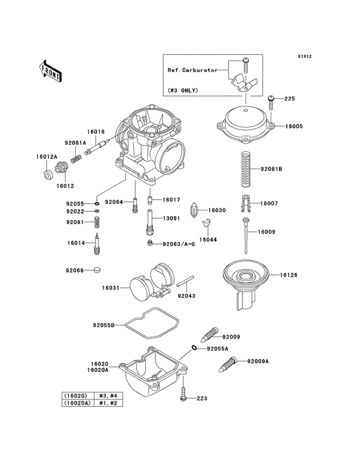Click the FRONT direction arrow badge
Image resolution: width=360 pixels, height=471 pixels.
coord(50,69)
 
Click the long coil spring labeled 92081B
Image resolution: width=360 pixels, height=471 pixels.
coord(246,169)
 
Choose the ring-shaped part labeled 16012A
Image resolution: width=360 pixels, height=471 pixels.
coord(48,174)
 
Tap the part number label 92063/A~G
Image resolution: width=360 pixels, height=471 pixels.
coord(179,244)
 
